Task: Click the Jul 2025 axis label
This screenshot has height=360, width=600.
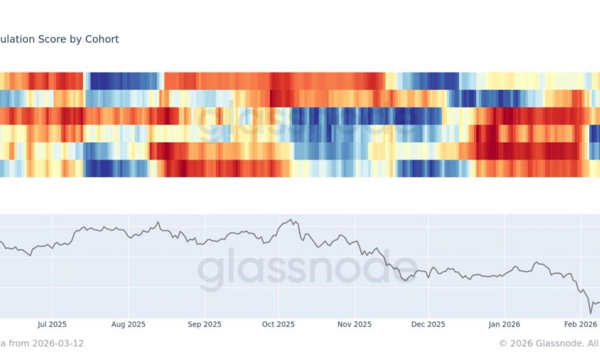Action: coord(52,325)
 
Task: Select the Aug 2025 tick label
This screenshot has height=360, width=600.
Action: coord(128,325)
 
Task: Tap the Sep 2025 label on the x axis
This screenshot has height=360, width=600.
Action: coord(204,325)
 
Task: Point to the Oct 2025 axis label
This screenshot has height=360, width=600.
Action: coord(278,325)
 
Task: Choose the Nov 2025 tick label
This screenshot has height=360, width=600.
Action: coord(354,325)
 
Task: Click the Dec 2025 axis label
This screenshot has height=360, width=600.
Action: coord(428,325)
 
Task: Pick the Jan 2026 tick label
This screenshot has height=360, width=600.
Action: coord(504,325)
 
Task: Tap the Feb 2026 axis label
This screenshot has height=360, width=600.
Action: coord(578,325)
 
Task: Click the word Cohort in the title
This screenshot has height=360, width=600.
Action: coord(103,39)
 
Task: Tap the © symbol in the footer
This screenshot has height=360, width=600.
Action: coord(503,343)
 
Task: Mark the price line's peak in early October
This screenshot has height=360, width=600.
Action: coord(292,220)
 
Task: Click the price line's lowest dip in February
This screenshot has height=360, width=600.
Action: coord(590,313)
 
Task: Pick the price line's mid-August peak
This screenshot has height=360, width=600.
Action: coord(158,223)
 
